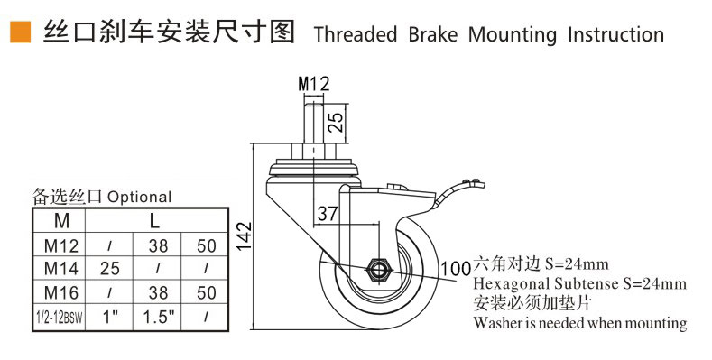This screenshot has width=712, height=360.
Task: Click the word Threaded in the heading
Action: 355,35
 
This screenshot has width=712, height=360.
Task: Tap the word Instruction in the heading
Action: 615,35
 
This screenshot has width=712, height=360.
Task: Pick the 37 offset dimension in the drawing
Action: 327,214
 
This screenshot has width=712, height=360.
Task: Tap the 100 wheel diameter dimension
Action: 454,268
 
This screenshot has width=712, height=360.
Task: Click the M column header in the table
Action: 61,220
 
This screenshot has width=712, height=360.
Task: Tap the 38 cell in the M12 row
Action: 156,244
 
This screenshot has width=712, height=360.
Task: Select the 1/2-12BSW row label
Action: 60,318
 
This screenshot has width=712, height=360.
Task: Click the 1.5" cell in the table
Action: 156,318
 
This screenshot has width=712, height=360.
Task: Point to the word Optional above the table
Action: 140,197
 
